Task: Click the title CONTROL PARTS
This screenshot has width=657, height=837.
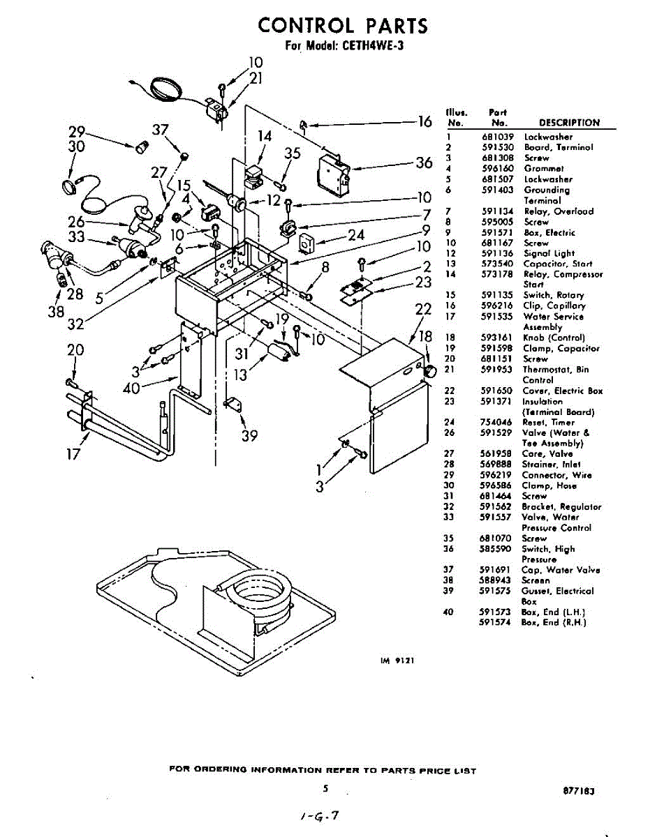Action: pos(342,26)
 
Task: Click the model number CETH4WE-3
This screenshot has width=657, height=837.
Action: pos(372,47)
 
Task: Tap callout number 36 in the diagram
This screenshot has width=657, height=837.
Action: pos(424,163)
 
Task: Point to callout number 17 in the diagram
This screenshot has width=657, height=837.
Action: pos(73,455)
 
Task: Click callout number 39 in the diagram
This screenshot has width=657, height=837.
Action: pos(249,436)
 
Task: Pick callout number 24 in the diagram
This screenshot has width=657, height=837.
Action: pos(356,235)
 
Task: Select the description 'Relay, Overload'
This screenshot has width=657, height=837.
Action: pos(559,211)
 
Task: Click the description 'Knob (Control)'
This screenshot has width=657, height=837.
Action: pos(554,338)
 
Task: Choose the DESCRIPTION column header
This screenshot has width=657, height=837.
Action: pos(569,123)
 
